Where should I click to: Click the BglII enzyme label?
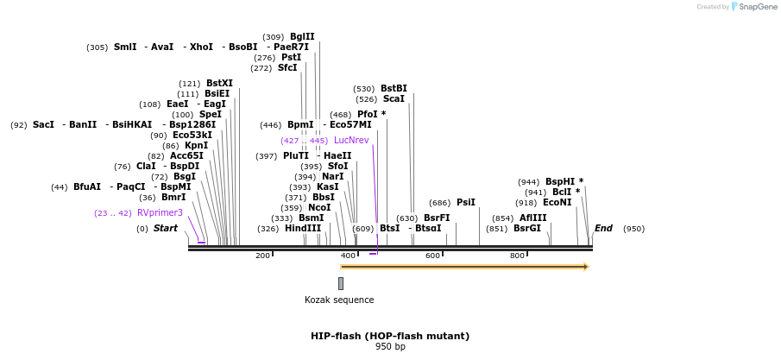[302, 37]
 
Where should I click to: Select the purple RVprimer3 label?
[160, 212]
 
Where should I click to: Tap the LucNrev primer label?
[351, 140]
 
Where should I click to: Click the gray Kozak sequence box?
[341, 283]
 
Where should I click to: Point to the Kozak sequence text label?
[339, 300]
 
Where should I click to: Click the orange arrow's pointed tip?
[587, 267]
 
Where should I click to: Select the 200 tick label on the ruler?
[262, 256]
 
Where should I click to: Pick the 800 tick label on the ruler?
[517, 256]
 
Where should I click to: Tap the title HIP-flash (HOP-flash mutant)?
[390, 336]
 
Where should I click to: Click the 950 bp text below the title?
[390, 347]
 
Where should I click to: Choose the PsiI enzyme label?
[465, 202]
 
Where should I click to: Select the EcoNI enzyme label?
[557, 202]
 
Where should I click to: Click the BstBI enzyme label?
[394, 88]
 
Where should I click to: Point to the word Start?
[165, 229]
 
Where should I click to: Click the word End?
[603, 229]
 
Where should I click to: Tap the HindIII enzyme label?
[303, 229]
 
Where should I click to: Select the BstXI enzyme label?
[219, 83]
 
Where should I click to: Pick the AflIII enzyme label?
[532, 218]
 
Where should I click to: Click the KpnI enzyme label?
[196, 146]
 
